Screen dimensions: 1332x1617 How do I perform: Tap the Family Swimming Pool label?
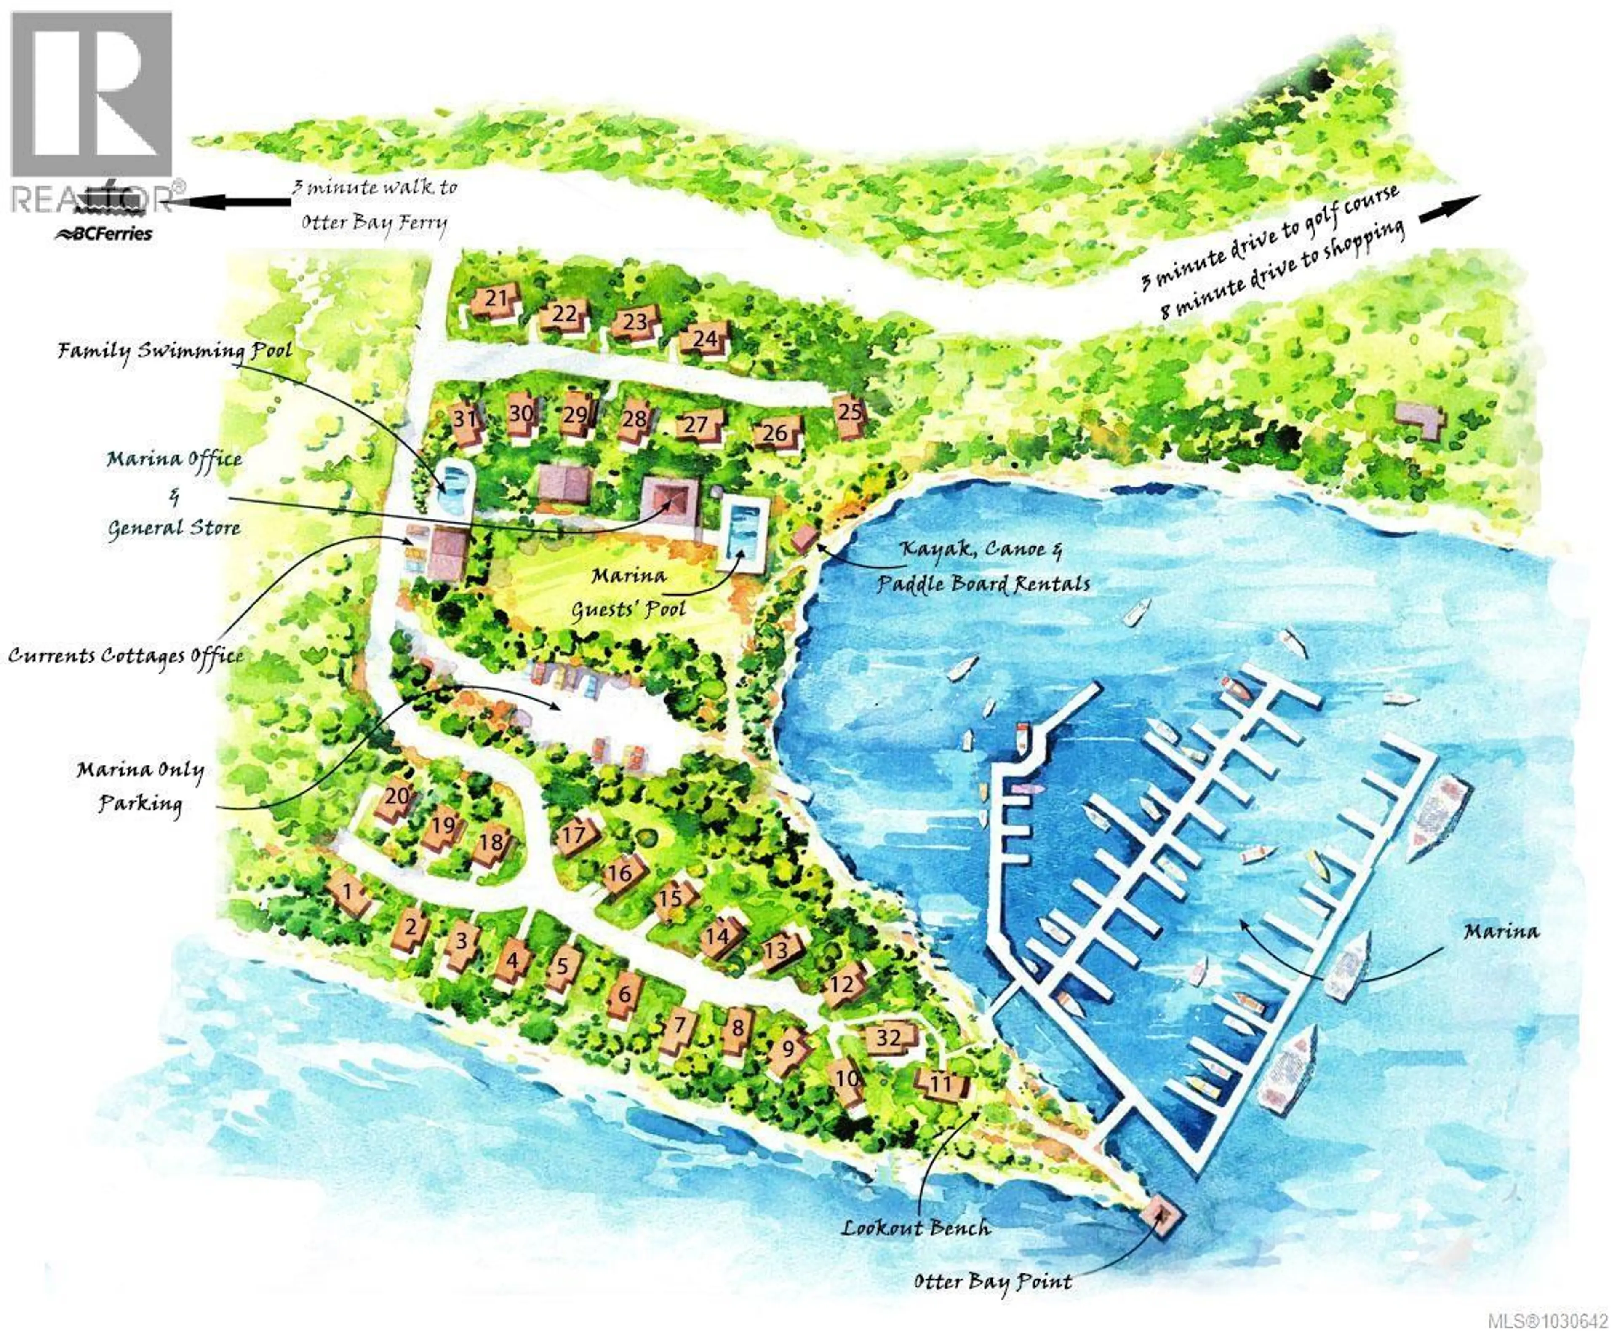(x=175, y=351)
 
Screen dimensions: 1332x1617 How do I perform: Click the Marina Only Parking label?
(x=140, y=786)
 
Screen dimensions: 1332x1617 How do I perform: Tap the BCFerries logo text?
(x=104, y=234)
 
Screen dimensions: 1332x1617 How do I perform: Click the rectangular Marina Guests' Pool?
(x=742, y=527)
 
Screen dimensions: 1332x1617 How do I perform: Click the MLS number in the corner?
(x=1547, y=1321)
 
